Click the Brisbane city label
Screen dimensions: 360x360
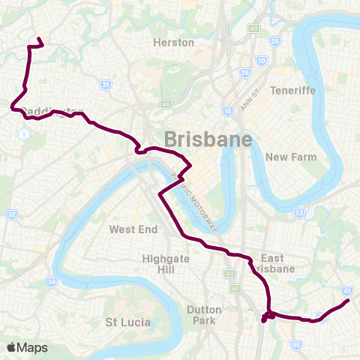[207, 139]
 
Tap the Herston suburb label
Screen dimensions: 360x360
[173, 43]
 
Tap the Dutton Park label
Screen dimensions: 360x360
[204, 314]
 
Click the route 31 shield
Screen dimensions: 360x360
[106, 85]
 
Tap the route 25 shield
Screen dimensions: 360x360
[274, 41]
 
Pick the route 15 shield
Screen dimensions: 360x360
[227, 111]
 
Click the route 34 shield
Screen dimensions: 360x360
[52, 282]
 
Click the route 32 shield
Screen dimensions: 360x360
[12, 215]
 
